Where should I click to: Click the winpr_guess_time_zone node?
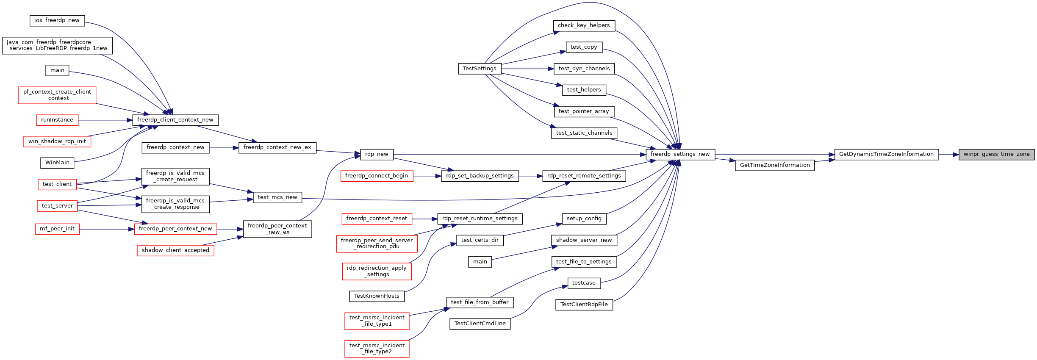pos(996,155)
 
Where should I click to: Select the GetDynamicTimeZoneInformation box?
pos(886,155)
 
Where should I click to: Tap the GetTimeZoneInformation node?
pos(774,165)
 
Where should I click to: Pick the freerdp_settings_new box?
pos(680,155)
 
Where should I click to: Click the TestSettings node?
pos(480,69)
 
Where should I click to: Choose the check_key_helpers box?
pos(584,25)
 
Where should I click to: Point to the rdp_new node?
pos(377,155)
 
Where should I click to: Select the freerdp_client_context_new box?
pos(175,120)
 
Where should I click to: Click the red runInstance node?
pos(57,120)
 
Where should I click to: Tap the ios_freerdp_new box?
pos(57,20)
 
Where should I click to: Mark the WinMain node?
pos(57,163)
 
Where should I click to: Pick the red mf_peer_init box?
pos(57,229)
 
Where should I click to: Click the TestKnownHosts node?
pos(377,296)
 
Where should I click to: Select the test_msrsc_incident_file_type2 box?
pos(377,349)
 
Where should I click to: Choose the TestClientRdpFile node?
pos(584,305)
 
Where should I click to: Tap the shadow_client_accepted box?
pos(175,250)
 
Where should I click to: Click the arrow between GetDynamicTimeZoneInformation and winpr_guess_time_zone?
pos(949,155)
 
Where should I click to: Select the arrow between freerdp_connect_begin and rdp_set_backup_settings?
pos(427,176)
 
